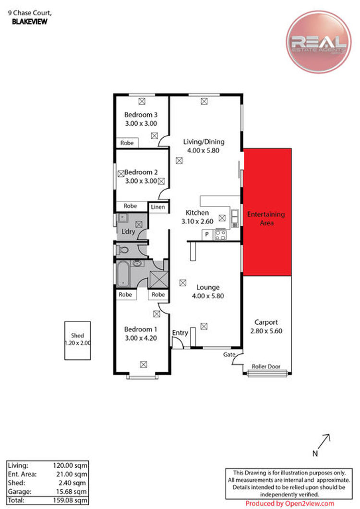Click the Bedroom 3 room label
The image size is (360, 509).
pos(141,115)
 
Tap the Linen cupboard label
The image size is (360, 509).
pos(158,207)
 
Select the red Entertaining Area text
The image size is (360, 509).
pos(266,218)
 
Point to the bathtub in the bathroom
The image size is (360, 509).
pos(123,274)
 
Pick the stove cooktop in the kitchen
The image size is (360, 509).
pos(220,234)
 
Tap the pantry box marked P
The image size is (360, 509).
pos(207,234)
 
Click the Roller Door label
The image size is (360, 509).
pos(266,366)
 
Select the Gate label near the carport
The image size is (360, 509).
pos(229,354)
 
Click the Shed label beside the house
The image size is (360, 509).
pos(77,335)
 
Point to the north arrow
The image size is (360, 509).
pos(324,441)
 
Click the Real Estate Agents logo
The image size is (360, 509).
pos(318,42)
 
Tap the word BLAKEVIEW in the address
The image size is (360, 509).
pos(30,22)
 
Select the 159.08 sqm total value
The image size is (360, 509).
pos(70,500)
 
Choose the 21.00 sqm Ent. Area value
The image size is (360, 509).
pos(72,474)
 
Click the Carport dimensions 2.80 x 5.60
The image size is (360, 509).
pos(266,331)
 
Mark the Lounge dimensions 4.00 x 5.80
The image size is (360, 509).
pos(208,296)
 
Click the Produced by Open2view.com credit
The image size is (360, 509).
pos(289,504)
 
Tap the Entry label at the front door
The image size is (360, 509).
pos(180,333)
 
